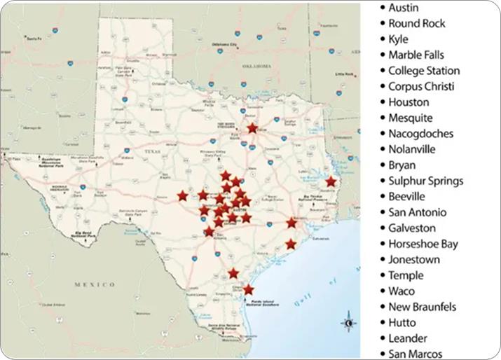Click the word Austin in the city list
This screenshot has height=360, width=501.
tap(404, 8)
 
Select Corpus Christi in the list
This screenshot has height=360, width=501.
tap(421, 86)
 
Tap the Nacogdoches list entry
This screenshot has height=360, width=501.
tap(420, 133)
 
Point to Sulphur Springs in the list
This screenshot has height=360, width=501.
tap(425, 181)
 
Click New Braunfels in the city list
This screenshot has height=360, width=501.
tap(422, 307)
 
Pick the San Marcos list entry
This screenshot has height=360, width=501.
tap(415, 354)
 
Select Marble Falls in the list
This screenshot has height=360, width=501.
tap(416, 55)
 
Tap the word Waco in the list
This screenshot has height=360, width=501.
tap(402, 291)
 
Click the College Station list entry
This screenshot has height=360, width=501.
tap(424, 71)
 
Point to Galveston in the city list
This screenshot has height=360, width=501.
tap(412, 228)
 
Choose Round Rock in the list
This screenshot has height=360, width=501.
tap(416, 23)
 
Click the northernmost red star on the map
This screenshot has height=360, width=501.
tap(252, 128)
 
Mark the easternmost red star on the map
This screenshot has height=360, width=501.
tap(331, 181)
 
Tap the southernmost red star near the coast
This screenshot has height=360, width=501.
tap(248, 289)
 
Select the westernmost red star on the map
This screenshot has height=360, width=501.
tap(182, 195)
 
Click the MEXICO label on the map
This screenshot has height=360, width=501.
tap(95, 284)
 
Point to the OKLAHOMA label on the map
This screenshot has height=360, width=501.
tap(256, 65)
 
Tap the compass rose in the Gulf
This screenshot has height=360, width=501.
tap(349, 323)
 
